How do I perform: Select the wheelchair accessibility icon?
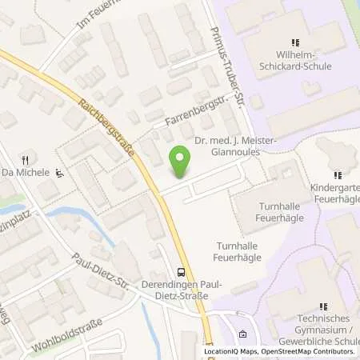tap(59, 172)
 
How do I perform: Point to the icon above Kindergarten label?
tap(336, 173)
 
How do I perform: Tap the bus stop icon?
tap(181, 271)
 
